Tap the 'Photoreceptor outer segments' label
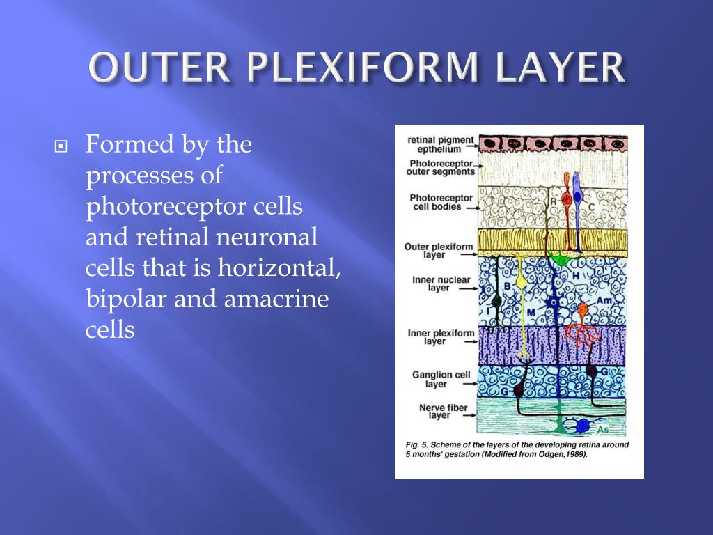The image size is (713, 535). [x=441, y=168]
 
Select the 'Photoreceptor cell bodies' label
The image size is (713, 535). [x=441, y=202]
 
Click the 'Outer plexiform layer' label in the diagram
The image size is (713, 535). [x=439, y=251]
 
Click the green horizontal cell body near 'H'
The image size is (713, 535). [x=558, y=258]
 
